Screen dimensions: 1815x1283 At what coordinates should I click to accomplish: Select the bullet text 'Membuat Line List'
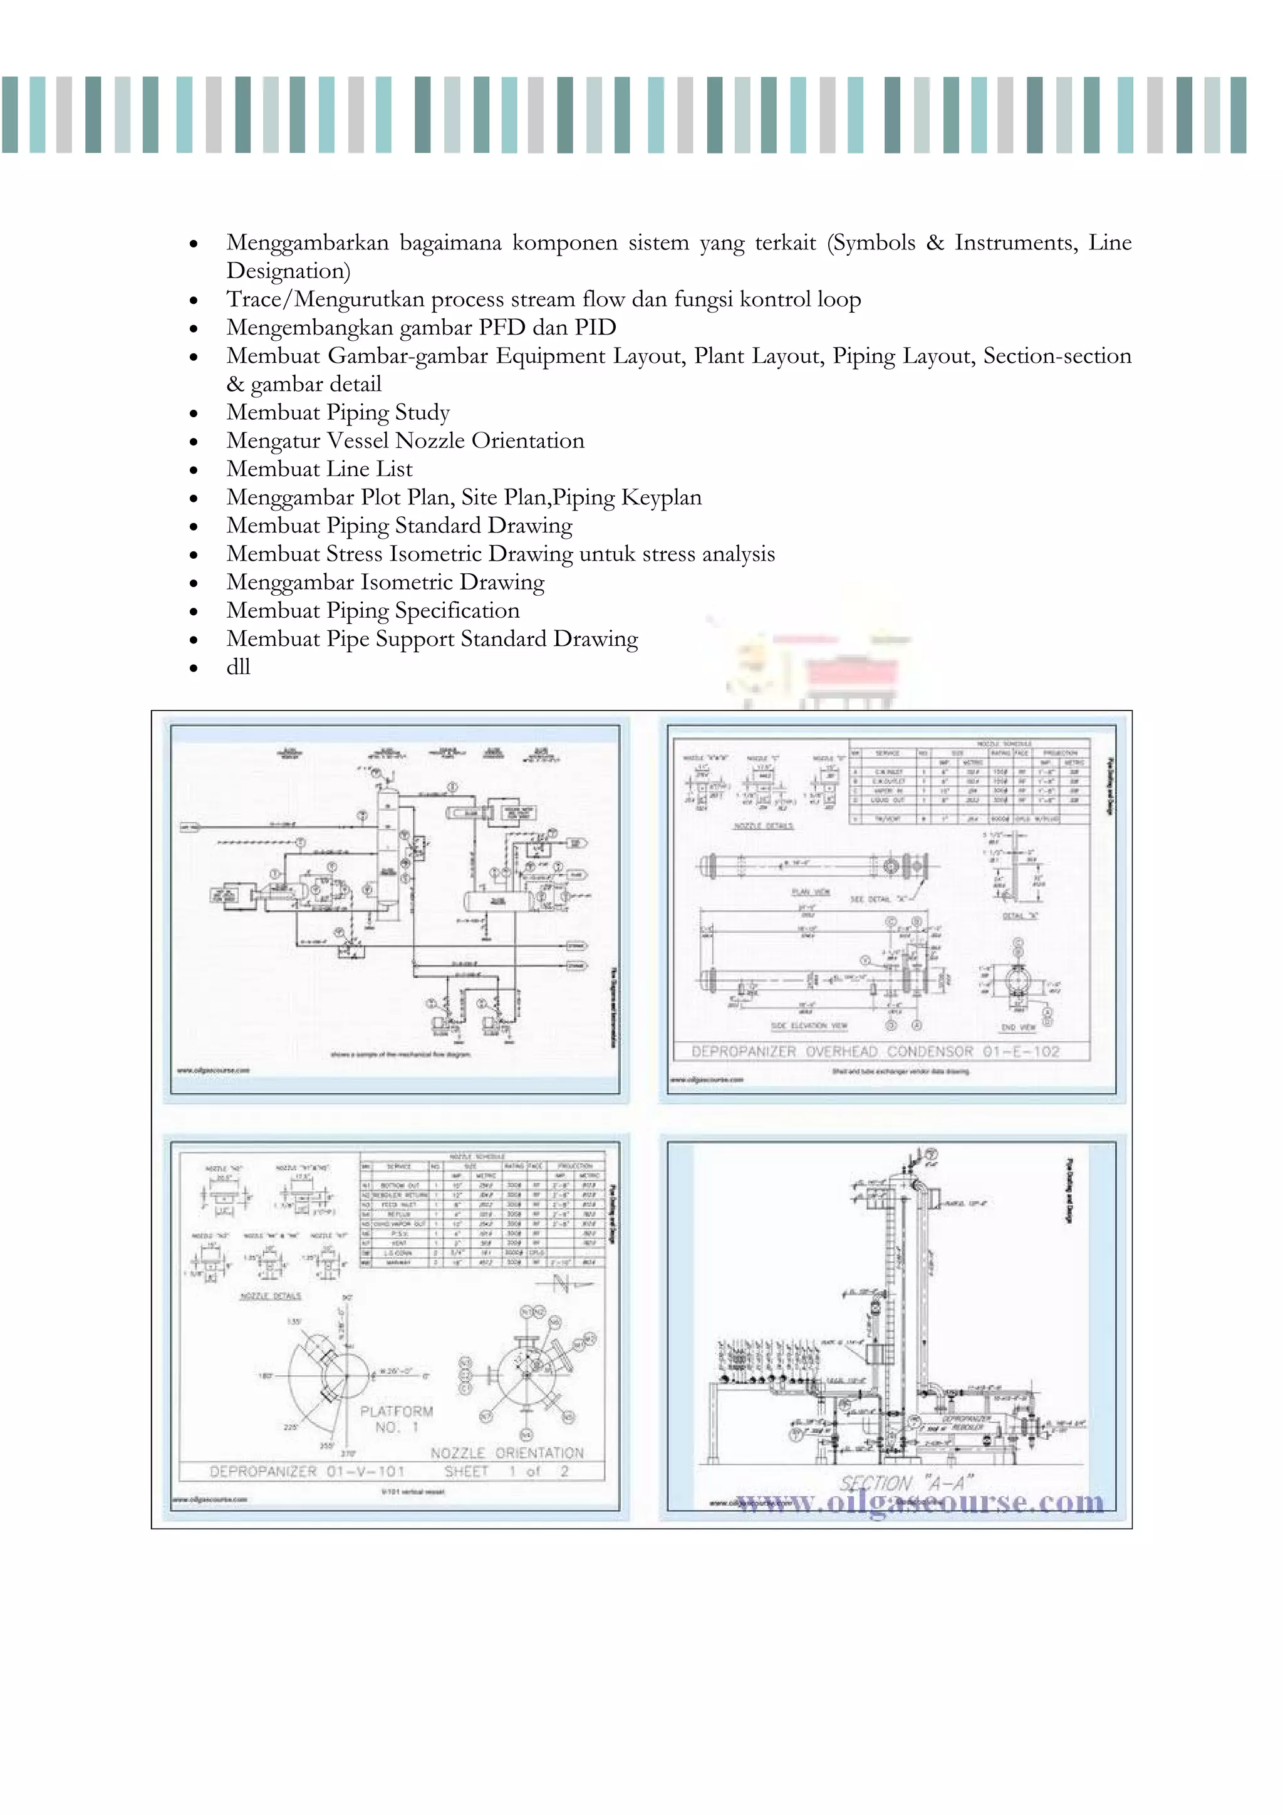pyautogui.click(x=319, y=469)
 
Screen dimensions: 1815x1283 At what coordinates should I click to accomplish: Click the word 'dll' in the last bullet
pyautogui.click(x=238, y=667)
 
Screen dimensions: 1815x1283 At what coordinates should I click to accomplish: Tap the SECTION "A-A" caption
pyautogui.click(x=906, y=1483)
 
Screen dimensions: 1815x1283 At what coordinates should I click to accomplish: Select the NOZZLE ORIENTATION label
pyautogui.click(x=507, y=1453)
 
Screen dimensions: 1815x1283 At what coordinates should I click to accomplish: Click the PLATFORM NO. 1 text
pyautogui.click(x=396, y=1419)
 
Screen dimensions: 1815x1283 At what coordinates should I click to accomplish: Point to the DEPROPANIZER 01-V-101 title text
pyautogui.click(x=307, y=1471)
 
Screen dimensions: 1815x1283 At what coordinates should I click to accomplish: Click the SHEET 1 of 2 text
pyautogui.click(x=506, y=1471)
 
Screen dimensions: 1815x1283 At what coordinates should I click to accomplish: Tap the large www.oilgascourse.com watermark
pyautogui.click(x=920, y=1501)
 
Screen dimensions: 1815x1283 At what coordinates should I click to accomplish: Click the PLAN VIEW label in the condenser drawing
pyautogui.click(x=810, y=892)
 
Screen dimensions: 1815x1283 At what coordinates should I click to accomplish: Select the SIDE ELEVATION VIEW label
pyautogui.click(x=809, y=1026)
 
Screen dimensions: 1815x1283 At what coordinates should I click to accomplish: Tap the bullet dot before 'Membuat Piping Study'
pyautogui.click(x=194, y=413)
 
